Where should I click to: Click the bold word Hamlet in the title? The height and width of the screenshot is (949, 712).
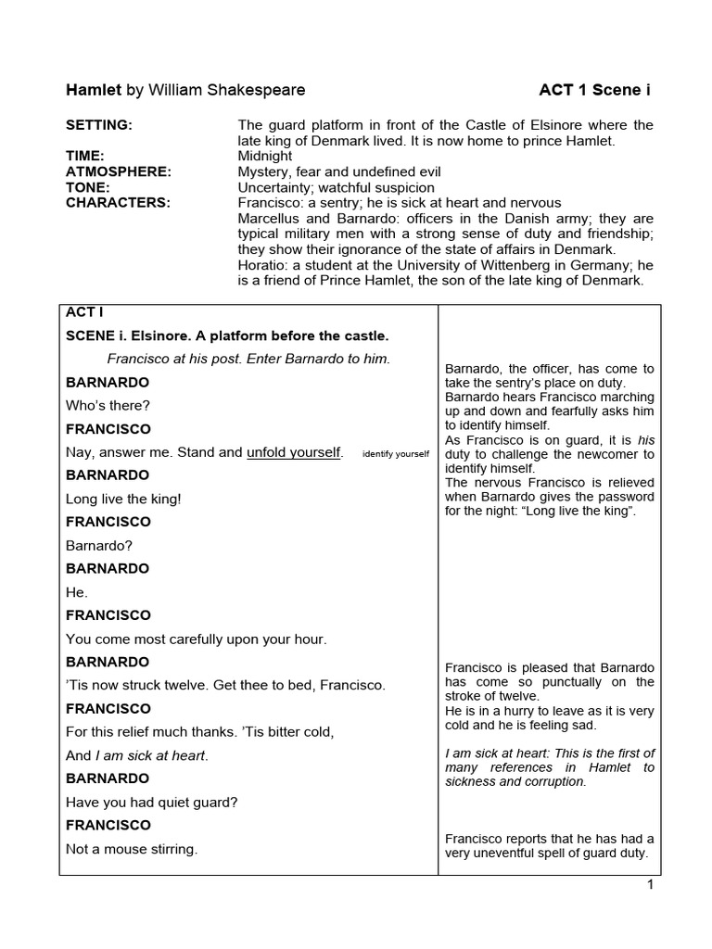pyautogui.click(x=94, y=90)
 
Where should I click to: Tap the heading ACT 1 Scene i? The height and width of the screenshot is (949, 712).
pyautogui.click(x=594, y=90)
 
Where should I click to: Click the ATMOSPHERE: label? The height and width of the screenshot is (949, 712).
pyautogui.click(x=119, y=172)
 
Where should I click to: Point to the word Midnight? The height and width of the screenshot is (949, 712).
pyautogui.click(x=265, y=157)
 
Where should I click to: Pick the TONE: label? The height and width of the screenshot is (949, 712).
pyautogui.click(x=87, y=187)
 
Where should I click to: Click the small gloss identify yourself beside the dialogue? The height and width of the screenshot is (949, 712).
pyautogui.click(x=396, y=454)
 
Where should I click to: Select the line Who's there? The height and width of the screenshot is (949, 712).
pyautogui.click(x=108, y=406)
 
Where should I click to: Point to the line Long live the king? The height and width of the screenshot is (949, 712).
pyautogui.click(x=123, y=499)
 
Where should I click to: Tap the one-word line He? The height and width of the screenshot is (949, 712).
pyautogui.click(x=77, y=592)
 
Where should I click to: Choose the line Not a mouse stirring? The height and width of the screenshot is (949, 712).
pyautogui.click(x=132, y=849)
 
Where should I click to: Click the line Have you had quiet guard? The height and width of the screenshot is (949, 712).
pyautogui.click(x=151, y=803)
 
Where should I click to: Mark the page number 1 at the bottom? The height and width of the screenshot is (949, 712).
pyautogui.click(x=651, y=885)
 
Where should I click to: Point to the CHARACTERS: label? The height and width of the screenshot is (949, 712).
pyautogui.click(x=118, y=203)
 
